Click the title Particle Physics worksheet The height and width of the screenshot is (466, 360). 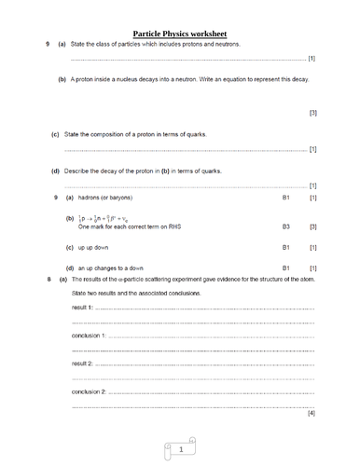pos(180,33)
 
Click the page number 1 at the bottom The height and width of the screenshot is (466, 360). pos(180,450)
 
